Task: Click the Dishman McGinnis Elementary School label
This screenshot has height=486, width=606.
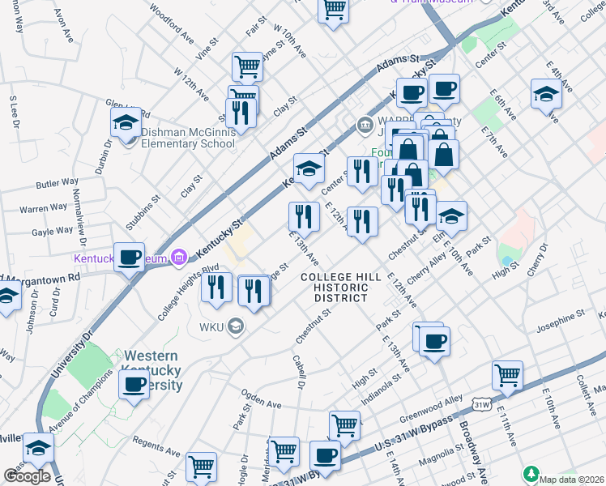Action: pos(188,138)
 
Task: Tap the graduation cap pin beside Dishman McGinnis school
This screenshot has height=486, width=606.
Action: pos(126,123)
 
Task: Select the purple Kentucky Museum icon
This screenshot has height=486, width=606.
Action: pos(180,258)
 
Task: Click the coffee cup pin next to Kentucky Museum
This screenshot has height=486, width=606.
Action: pos(129,258)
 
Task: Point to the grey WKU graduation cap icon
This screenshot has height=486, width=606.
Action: pos(235,326)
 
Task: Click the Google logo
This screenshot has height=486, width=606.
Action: pos(27,475)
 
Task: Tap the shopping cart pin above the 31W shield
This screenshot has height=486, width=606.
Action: pos(507,376)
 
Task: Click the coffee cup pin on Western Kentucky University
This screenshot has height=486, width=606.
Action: pos(134,384)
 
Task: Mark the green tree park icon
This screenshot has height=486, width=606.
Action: pos(531,472)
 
